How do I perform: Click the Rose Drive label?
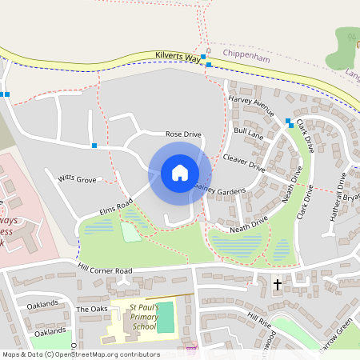(182, 134)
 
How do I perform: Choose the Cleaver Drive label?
(244, 162)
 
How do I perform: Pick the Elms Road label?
(114, 210)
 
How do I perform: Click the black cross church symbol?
(278, 285)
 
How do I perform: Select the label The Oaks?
(91, 309)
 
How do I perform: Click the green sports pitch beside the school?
(165, 321)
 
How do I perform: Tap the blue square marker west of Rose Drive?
(94, 146)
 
